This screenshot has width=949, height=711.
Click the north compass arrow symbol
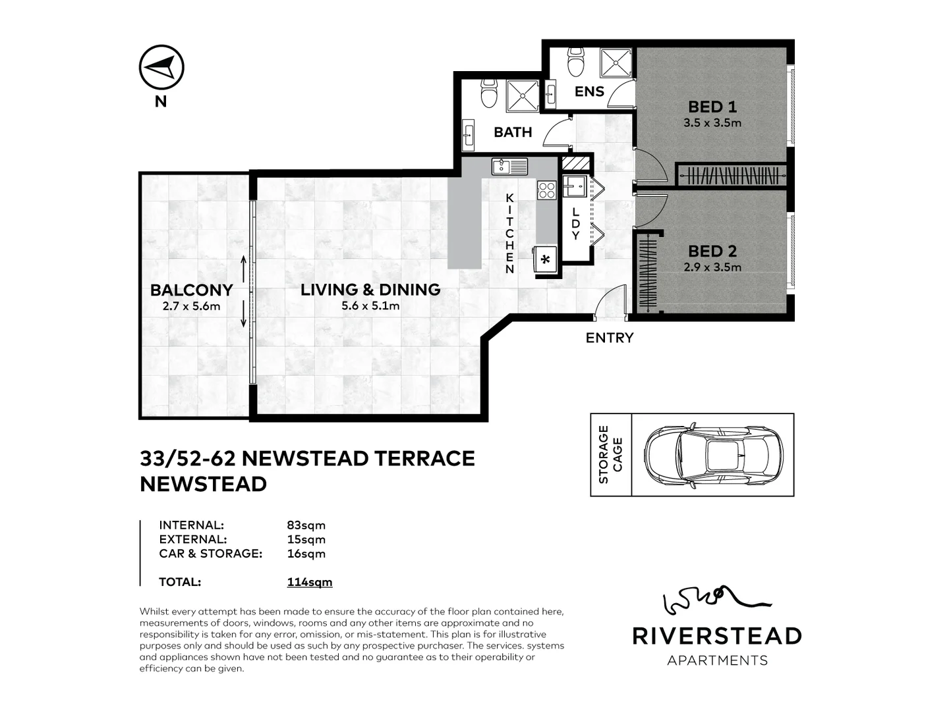[x=161, y=67]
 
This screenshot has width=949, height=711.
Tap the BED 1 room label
[x=712, y=107]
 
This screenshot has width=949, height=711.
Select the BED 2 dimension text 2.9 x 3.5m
[x=712, y=267]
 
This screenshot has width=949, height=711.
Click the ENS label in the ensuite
[x=589, y=92]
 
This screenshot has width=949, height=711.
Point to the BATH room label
[x=513, y=132]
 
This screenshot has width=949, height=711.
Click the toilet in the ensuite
[x=576, y=62]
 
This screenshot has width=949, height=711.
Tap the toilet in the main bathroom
[x=488, y=94]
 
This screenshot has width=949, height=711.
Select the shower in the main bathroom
[x=523, y=96]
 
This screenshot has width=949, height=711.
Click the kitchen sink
[x=509, y=167]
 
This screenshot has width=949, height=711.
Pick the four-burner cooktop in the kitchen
[x=547, y=190]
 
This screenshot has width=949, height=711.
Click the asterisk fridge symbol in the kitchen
[x=546, y=260]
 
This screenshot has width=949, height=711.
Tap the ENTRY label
[x=610, y=338]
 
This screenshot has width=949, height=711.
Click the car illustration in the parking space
[x=713, y=454]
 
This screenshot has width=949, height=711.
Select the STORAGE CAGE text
[x=610, y=454]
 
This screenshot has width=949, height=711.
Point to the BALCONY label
[x=191, y=290]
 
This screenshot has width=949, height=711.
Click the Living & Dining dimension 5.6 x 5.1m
[x=370, y=305]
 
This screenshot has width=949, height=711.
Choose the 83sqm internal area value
[x=306, y=525]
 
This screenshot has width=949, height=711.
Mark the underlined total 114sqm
[x=309, y=582]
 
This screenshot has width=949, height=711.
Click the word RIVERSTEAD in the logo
[x=717, y=636]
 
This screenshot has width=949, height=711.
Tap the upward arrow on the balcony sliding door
[x=243, y=268]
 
